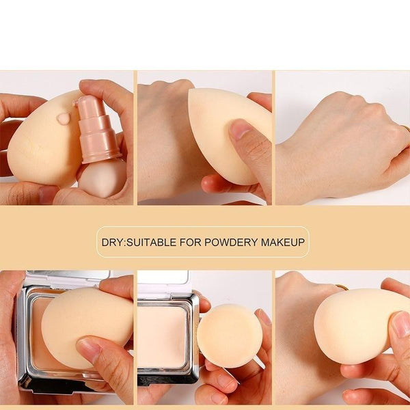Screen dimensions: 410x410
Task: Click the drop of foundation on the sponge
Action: click(x=64, y=118)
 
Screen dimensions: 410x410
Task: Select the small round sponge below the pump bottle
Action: click(x=105, y=178)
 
